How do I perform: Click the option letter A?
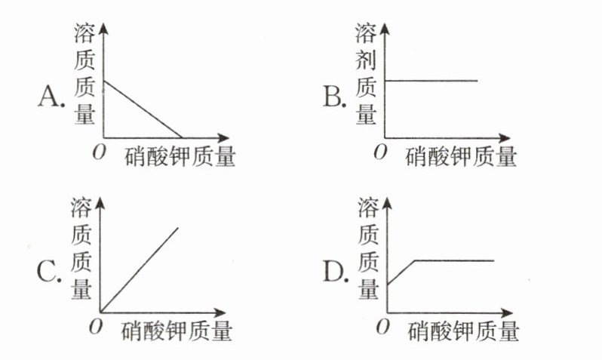pos(51,97)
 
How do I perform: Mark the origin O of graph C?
pos(95,325)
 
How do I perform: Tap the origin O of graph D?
pos(382,325)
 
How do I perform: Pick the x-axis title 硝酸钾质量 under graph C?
pos(176,331)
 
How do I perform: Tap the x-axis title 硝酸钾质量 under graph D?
pos(465,331)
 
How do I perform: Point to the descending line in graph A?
pos(143,109)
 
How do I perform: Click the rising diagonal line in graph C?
pos(140,269)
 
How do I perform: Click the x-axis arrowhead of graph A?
pos(223,137)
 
